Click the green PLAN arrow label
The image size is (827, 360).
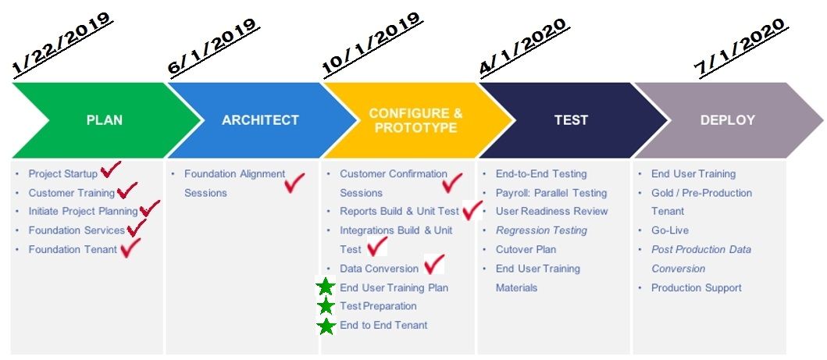105,120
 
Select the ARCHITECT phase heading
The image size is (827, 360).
260,120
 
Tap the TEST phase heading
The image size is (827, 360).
571,120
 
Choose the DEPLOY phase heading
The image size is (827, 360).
727,120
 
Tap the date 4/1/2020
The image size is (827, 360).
524,48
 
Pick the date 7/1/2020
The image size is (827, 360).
740,48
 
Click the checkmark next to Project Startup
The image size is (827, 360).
110,169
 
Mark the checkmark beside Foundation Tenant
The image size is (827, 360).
130,248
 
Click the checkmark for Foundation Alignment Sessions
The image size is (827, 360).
294,183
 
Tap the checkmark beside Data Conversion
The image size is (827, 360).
434,265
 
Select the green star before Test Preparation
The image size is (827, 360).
326,306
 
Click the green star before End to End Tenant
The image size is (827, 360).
326,326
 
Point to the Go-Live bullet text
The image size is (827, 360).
670,230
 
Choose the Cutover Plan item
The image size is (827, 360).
526,249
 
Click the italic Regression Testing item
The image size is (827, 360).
541,230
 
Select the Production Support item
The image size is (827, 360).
697,288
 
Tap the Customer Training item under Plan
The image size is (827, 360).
71,193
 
